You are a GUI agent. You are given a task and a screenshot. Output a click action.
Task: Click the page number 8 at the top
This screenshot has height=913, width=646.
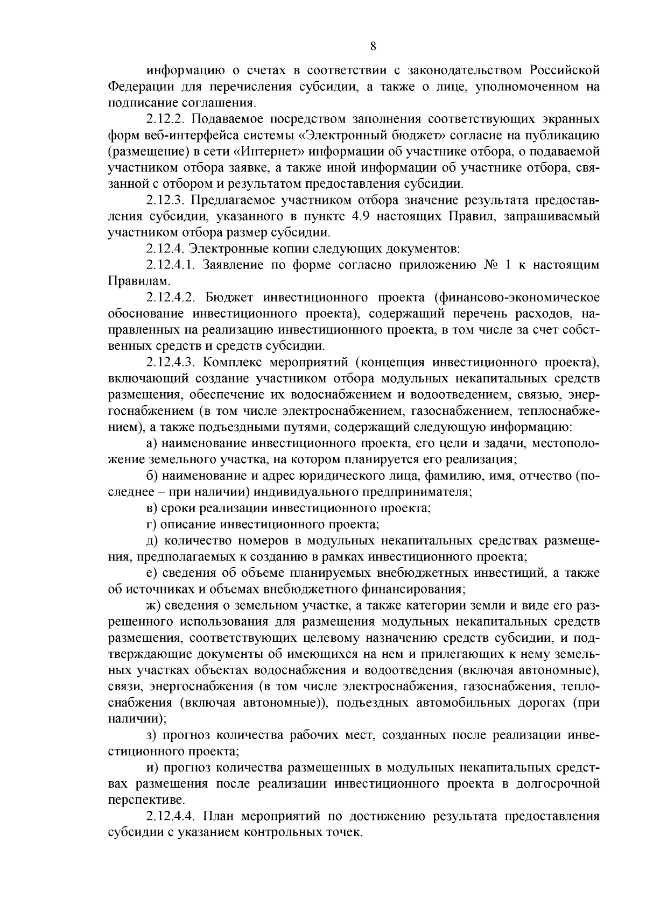374,47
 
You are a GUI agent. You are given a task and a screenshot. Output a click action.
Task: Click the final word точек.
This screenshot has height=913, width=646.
343,832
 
